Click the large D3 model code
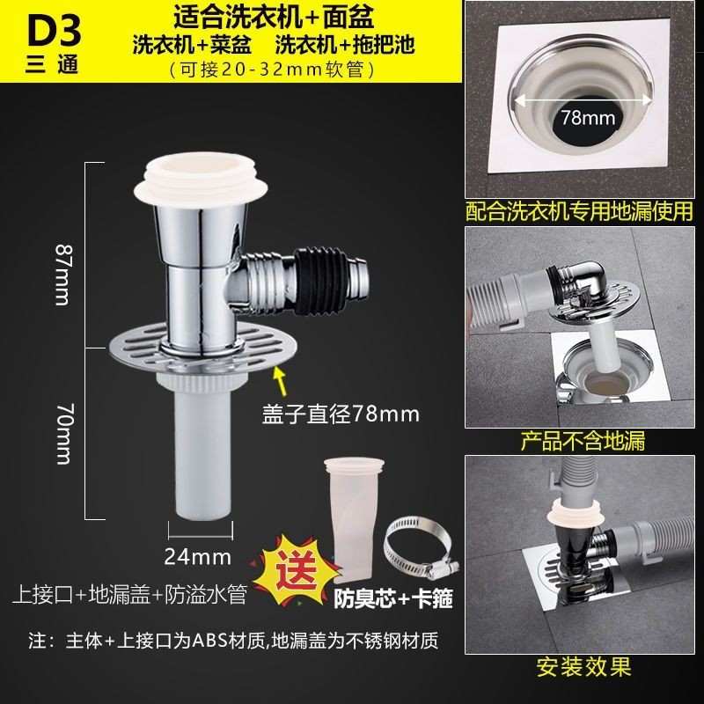point(54,31)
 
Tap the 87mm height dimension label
point(63,275)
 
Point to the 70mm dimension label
point(63,434)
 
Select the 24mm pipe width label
point(197,557)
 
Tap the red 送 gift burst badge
point(296,567)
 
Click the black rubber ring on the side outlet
point(320,280)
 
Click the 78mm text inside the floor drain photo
point(588,118)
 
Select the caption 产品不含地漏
point(583,441)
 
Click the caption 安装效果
point(584,667)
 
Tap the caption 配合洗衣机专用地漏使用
point(579,211)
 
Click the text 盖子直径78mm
point(341,414)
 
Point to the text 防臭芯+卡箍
point(392,598)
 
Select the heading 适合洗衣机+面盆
point(274,18)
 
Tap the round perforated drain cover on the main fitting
point(203,348)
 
